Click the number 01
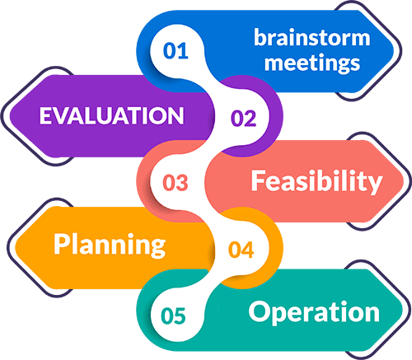[176, 51]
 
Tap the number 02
[243, 119]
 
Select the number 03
[176, 183]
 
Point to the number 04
[241, 250]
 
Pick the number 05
[173, 316]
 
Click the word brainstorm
[312, 37]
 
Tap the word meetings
[312, 63]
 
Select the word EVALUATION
[111, 115]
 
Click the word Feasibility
[316, 181]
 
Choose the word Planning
[110, 245]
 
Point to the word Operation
[314, 312]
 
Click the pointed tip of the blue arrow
[394, 51]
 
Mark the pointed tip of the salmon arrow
[404, 181]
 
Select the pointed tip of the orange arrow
[15, 245]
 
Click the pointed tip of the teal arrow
[403, 311]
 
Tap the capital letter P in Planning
[62, 244]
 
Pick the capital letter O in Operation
[260, 311]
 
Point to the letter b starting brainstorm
[260, 37]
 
